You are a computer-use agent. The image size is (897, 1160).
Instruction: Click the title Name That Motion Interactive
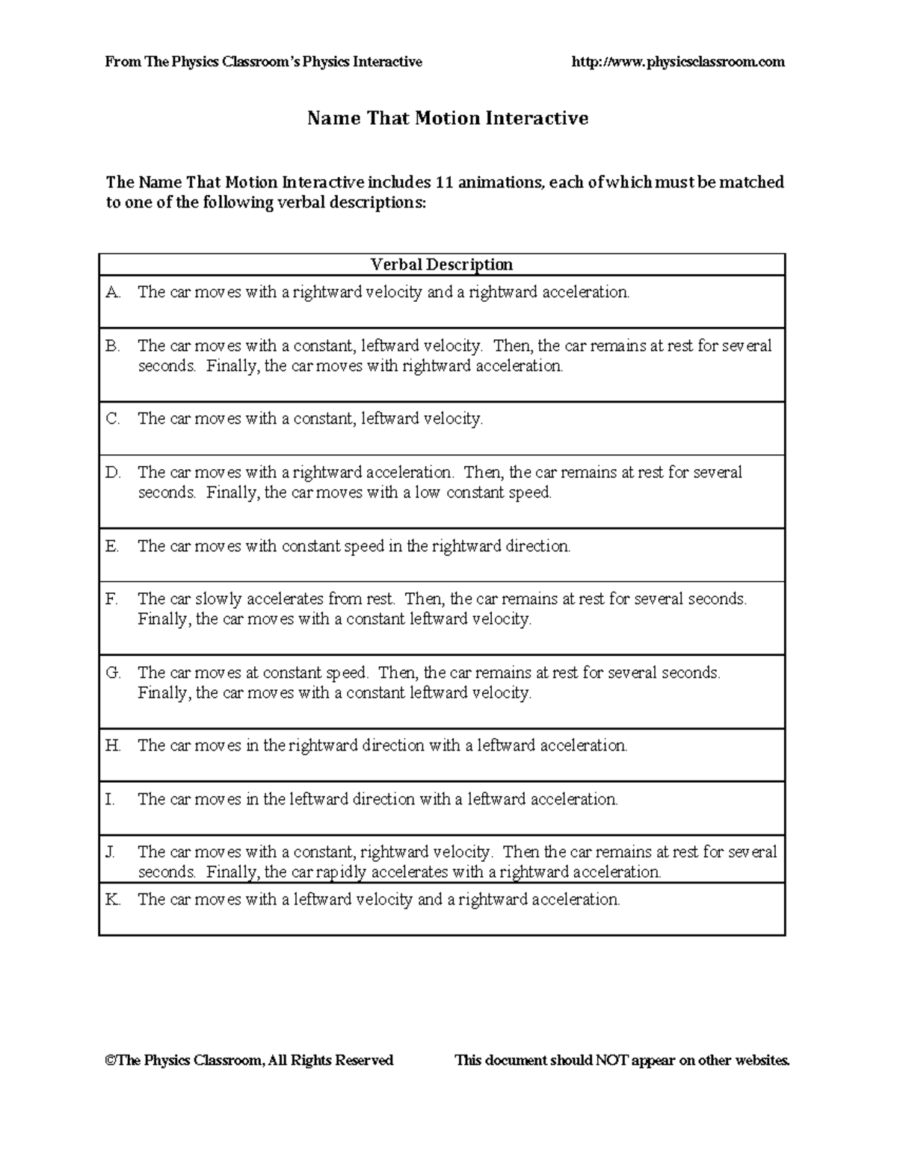click(x=448, y=118)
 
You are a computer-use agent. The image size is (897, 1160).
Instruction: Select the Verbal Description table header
click(x=442, y=264)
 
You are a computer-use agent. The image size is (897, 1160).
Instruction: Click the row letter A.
click(x=113, y=292)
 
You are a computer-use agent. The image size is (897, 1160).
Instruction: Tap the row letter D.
click(x=113, y=472)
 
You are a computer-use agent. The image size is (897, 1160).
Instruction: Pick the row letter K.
click(x=113, y=899)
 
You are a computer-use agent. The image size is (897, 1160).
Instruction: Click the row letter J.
click(x=111, y=852)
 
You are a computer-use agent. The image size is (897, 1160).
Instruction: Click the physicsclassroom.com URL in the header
click(x=677, y=62)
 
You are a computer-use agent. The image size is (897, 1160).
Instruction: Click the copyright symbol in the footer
click(x=110, y=1060)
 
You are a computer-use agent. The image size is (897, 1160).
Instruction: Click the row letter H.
click(x=113, y=745)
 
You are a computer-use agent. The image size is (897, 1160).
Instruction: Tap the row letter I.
click(x=110, y=799)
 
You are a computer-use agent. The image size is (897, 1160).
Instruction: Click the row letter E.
click(x=112, y=546)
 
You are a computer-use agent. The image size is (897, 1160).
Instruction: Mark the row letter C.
click(x=113, y=418)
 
